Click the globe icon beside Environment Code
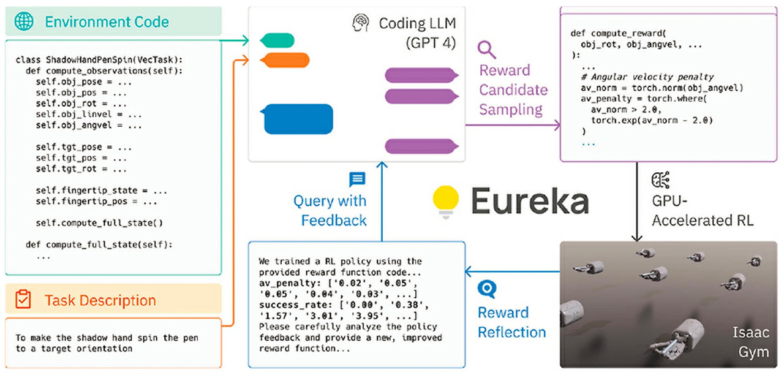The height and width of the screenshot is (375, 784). pos(24,21)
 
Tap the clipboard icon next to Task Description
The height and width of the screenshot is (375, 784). pos(23,300)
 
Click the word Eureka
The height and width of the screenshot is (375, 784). pos(530,201)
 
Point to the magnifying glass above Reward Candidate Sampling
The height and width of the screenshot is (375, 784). pos(487,49)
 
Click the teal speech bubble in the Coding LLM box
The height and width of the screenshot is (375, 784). pos(277,40)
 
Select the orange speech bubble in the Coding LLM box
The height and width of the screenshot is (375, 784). pos(277,60)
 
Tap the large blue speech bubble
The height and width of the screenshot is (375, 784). pos(298,119)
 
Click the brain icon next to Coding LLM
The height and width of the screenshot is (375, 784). pos(361,23)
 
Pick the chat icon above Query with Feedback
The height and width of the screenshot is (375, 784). pos(357,179)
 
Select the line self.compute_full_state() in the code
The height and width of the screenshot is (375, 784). pos(100,223)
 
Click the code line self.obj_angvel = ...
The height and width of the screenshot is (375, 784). pos(89,125)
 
